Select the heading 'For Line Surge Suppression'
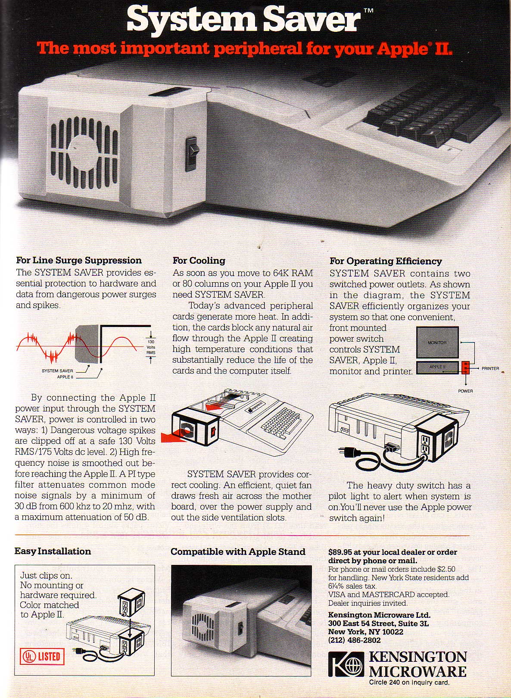pyautogui.click(x=79, y=260)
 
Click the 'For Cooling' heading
pyautogui.click(x=199, y=260)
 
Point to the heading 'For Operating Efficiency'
pyautogui.click(x=386, y=261)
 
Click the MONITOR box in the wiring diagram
pyautogui.click(x=437, y=342)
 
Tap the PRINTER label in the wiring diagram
pyautogui.click(x=490, y=368)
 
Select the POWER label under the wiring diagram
pyautogui.click(x=465, y=391)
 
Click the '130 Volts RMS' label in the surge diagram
pyautogui.click(x=151, y=347)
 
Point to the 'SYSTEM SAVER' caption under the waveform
pyautogui.click(x=57, y=371)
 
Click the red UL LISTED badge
pyautogui.click(x=42, y=657)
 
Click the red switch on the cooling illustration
pyautogui.click(x=213, y=432)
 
